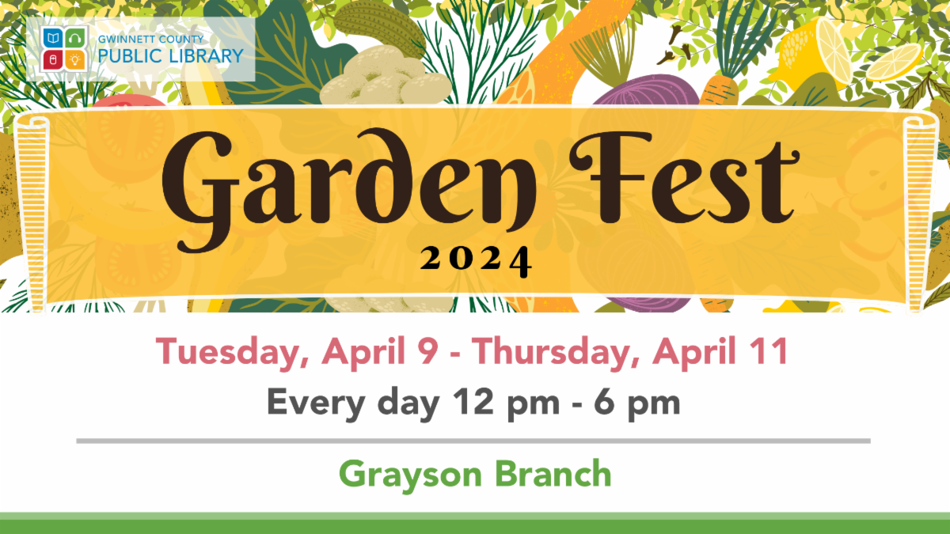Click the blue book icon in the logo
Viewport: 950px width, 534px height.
53,38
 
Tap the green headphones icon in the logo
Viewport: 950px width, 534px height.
75,38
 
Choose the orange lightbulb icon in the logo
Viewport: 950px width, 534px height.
75,59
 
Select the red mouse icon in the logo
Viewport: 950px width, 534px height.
53,59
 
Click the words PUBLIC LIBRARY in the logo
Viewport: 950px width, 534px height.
171,56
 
